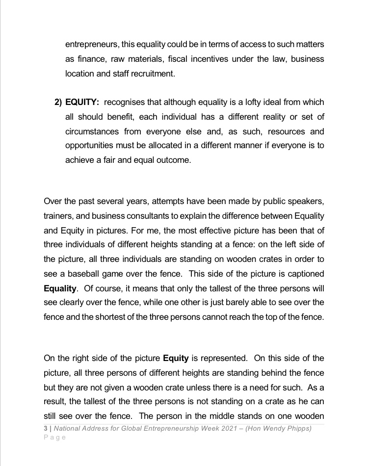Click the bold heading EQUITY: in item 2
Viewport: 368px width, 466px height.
pyautogui.click(x=82, y=102)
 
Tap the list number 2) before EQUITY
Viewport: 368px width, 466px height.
pyautogui.click(x=57, y=102)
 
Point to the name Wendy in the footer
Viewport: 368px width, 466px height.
pyautogui.click(x=278, y=428)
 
